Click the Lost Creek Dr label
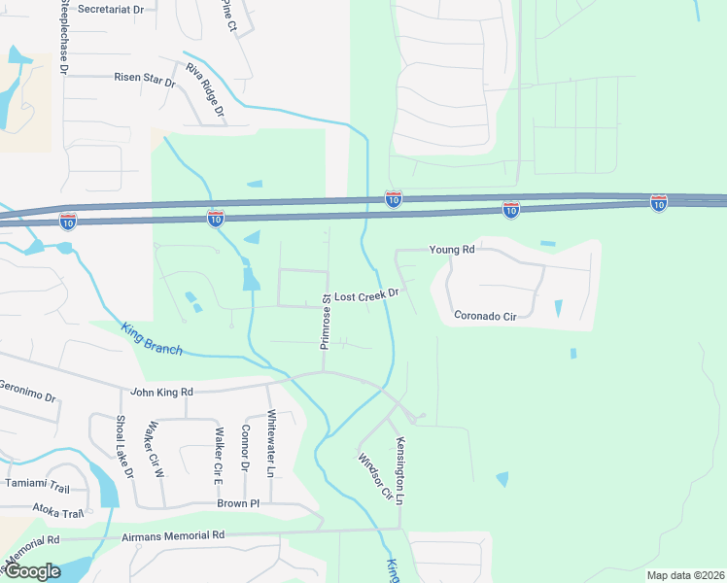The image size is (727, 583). (x=367, y=293)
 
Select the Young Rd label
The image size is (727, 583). (x=454, y=250)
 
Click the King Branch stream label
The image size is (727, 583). (x=152, y=337)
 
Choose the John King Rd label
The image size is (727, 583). (x=162, y=392)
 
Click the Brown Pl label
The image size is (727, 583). (x=238, y=504)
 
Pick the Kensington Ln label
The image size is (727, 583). (x=399, y=469)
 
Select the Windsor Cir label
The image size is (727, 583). (x=374, y=476)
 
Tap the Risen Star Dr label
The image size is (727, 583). (x=144, y=78)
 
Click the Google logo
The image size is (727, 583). (x=31, y=571)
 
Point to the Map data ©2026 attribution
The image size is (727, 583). (x=684, y=575)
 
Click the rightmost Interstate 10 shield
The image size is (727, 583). (x=659, y=202)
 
